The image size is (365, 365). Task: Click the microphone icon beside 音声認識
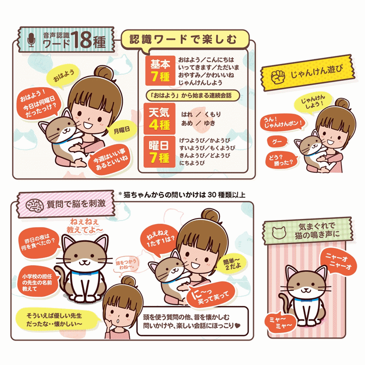tap(31, 40)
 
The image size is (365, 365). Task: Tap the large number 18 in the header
tap(81, 40)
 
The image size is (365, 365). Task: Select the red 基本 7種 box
tap(160, 70)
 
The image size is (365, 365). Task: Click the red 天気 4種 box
tap(160, 119)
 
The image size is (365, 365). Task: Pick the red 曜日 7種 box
tap(160, 152)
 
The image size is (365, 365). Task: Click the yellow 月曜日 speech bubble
tap(122, 130)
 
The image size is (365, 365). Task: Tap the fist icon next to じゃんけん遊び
tap(278, 77)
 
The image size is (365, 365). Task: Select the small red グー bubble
tap(277, 141)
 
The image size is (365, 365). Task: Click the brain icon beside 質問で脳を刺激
tap(34, 205)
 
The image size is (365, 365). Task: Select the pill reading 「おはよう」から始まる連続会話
tap(193, 95)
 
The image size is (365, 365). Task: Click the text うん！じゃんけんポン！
tap(283, 123)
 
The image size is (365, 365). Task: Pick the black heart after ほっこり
tap(237, 325)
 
